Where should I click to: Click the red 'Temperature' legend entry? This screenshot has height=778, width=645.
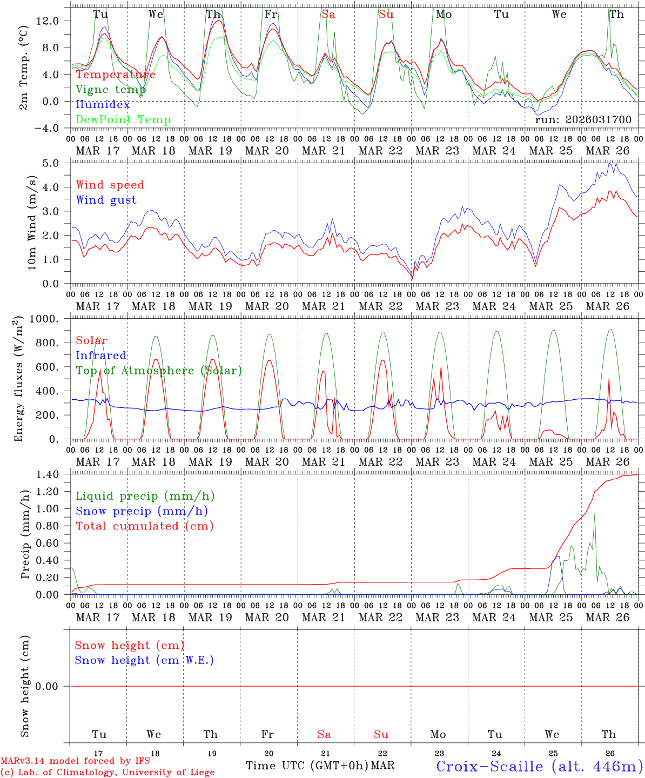[x=115, y=75]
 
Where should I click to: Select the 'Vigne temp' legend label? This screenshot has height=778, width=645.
[x=110, y=90]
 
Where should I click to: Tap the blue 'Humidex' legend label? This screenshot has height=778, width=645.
[x=103, y=104]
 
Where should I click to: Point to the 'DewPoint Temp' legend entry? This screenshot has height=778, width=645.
[x=123, y=119]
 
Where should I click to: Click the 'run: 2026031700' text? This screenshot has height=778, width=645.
[x=583, y=119]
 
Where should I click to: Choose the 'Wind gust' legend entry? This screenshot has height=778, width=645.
[x=106, y=200]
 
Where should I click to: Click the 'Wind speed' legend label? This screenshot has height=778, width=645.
[x=110, y=185]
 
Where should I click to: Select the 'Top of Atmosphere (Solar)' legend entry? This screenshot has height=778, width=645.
[x=158, y=371]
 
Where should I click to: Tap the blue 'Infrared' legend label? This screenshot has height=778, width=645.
[x=101, y=356]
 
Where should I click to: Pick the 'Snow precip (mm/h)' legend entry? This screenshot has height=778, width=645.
[x=142, y=511]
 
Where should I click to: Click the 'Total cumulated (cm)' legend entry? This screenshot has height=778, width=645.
[x=144, y=526]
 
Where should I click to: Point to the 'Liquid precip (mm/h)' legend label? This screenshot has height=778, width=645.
[x=145, y=496]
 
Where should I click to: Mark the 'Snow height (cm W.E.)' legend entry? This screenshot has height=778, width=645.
[x=144, y=660]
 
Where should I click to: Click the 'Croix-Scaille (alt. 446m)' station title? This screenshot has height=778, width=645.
[x=539, y=766]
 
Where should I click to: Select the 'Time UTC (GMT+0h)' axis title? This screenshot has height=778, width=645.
[x=307, y=766]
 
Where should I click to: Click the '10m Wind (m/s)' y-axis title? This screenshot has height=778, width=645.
[x=32, y=223]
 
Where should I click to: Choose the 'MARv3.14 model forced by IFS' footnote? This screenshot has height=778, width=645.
[x=75, y=761]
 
